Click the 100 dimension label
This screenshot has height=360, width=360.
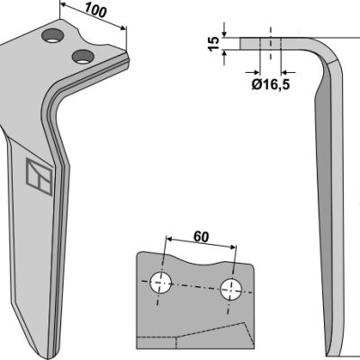click(95, 10)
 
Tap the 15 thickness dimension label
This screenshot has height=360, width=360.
click(214, 44)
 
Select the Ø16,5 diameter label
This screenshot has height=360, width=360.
click(270, 85)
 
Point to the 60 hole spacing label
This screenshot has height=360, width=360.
click(201, 237)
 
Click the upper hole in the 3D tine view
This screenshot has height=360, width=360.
click(53, 36)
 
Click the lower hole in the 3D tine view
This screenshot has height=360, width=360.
click(83, 56)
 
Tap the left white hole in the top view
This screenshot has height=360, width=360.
click(161, 283)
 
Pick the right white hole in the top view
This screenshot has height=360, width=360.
click(231, 289)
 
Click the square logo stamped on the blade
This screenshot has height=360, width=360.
click(40, 176)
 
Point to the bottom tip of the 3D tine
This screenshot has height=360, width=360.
click(48, 357)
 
